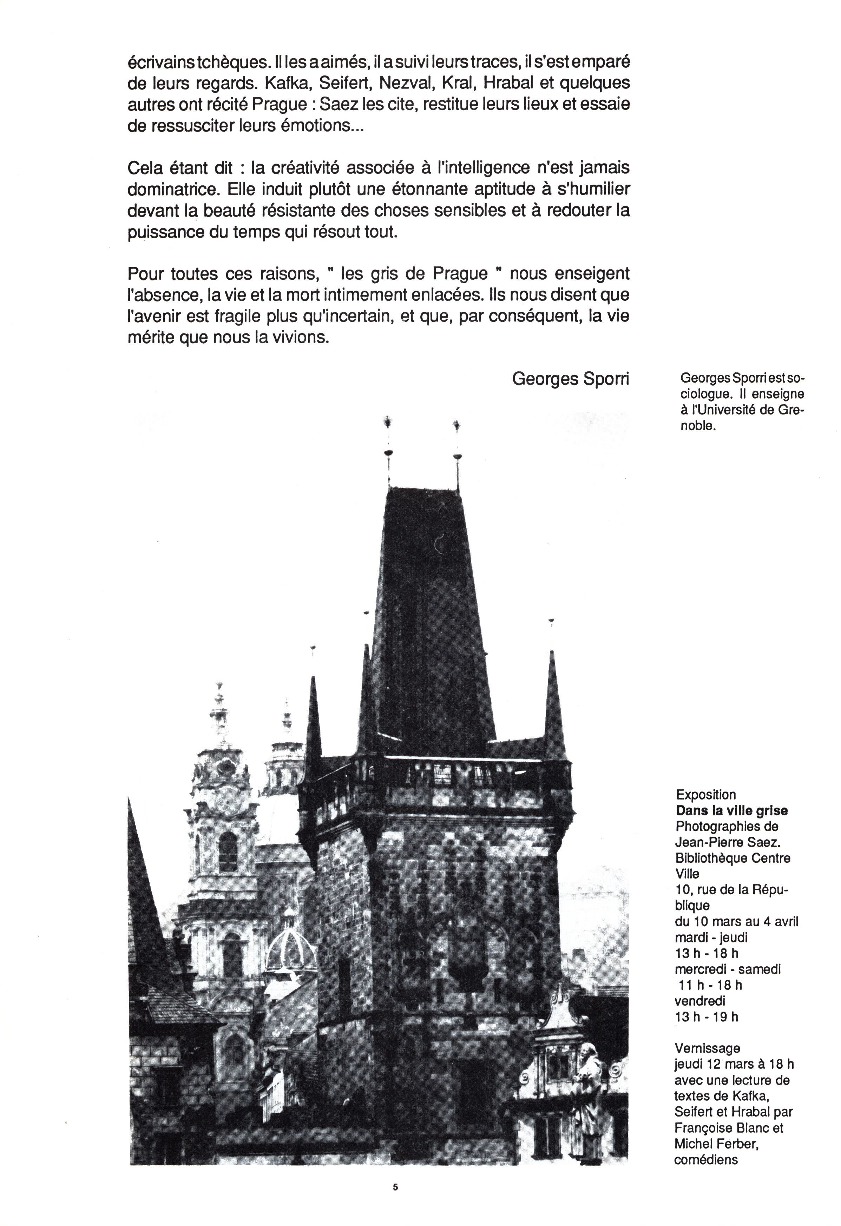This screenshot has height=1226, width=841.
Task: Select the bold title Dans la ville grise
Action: pyautogui.click(x=732, y=810)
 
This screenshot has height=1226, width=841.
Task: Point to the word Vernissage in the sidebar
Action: pyautogui.click(x=708, y=1048)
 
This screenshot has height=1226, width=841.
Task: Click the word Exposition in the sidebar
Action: pyautogui.click(x=705, y=794)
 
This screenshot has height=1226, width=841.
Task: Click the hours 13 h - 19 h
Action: pyautogui.click(x=707, y=1016)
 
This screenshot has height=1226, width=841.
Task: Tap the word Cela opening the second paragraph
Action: pyautogui.click(x=145, y=168)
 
